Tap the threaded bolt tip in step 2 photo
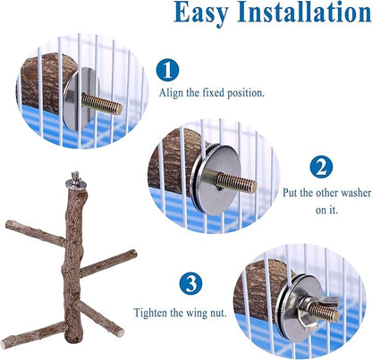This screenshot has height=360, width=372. point(250,185)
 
